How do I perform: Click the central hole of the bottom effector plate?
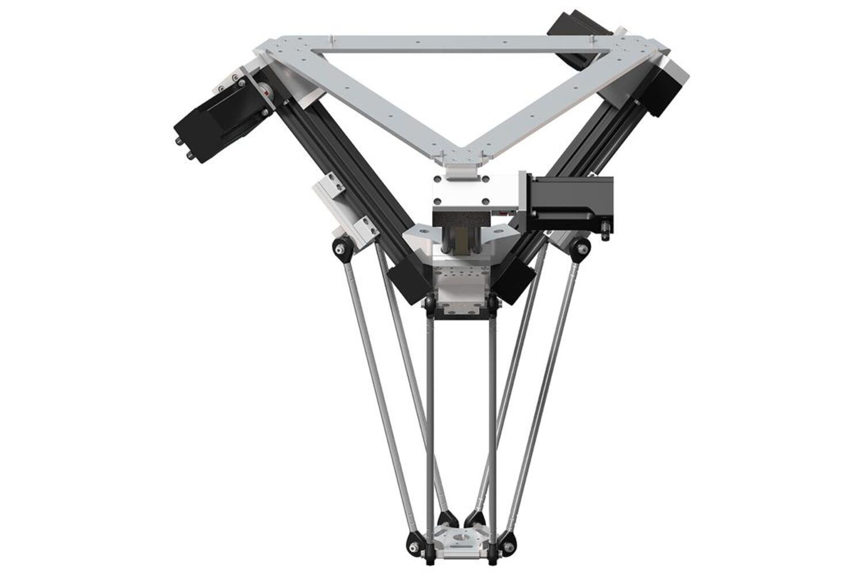point(460,537)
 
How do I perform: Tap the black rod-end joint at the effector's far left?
point(413,541)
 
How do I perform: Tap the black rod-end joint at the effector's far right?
point(507,541)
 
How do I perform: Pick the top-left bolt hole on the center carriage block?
point(438,180)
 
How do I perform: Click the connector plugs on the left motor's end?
point(183,147)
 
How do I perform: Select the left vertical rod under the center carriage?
point(429,414)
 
